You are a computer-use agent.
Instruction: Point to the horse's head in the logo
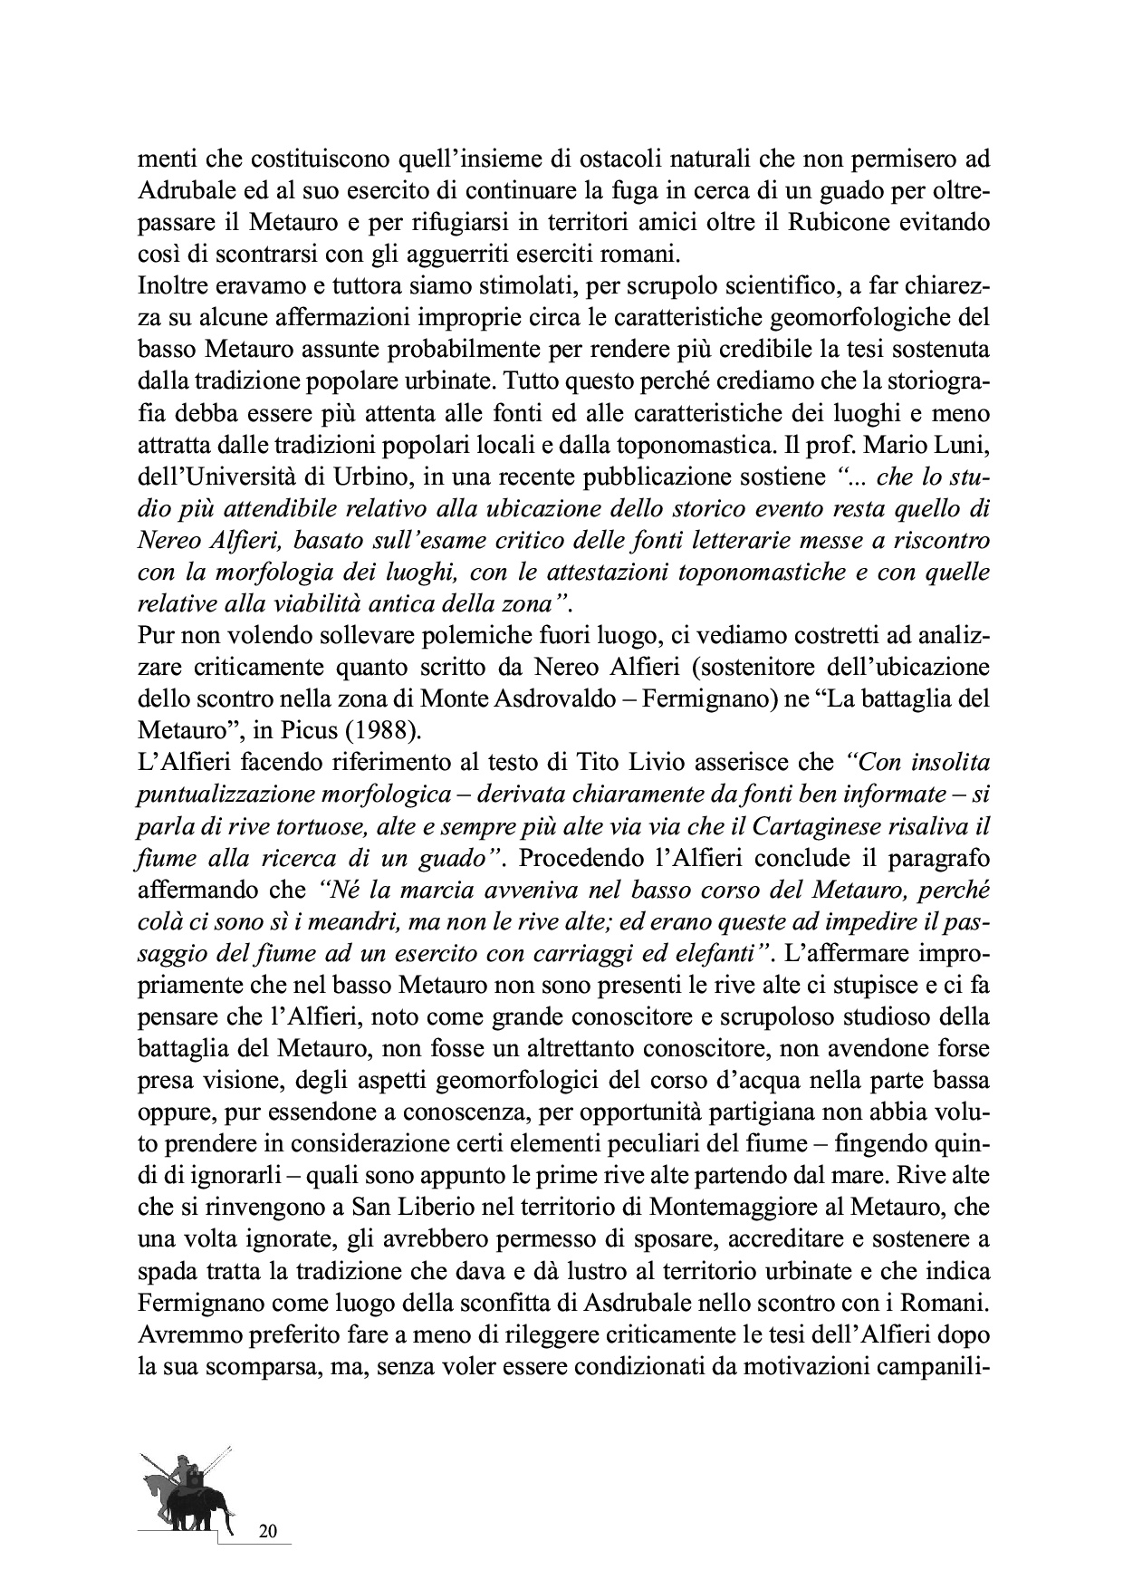tap(150, 1482)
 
